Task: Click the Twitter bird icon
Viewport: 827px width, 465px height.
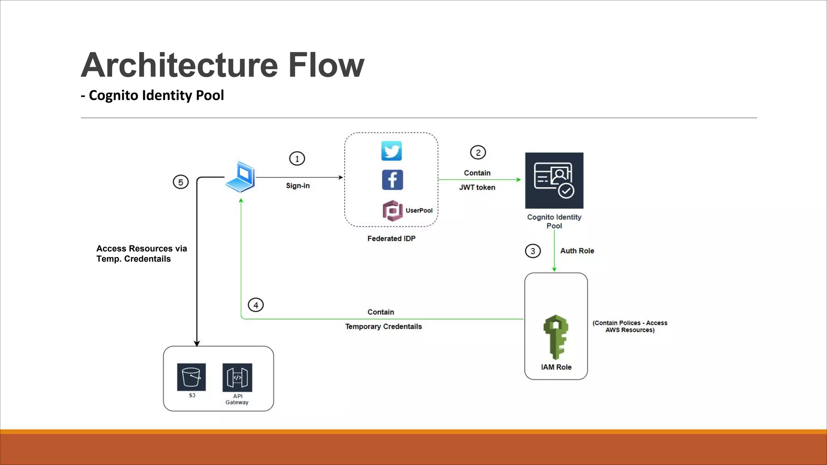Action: coord(391,151)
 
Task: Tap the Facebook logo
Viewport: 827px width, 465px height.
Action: coord(392,180)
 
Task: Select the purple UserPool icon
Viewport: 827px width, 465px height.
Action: coord(392,211)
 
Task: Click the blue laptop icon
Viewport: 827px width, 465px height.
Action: coord(241,177)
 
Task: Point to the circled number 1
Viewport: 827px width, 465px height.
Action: coord(297,159)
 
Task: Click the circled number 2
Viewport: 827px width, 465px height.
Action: coord(478,153)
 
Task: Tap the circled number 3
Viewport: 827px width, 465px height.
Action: coord(533,251)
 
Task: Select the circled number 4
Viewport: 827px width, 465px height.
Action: coord(256,305)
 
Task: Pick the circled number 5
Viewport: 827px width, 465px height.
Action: coord(181,182)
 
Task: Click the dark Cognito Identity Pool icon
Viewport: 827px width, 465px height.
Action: coord(554,180)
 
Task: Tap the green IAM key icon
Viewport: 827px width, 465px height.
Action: coord(556,337)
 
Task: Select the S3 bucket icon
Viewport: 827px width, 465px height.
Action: coord(191,377)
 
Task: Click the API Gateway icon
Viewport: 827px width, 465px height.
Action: coord(237,377)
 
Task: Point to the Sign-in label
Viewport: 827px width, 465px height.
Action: coord(298,186)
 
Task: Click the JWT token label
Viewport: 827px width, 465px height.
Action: coord(477,187)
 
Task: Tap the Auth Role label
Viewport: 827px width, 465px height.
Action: coord(577,251)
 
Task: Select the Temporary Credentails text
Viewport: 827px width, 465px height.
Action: coord(383,327)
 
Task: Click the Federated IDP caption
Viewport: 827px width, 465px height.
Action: coord(391,239)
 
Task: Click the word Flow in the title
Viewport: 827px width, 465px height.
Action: coord(326,65)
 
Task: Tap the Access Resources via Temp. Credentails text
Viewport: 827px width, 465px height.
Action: coord(141,254)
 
